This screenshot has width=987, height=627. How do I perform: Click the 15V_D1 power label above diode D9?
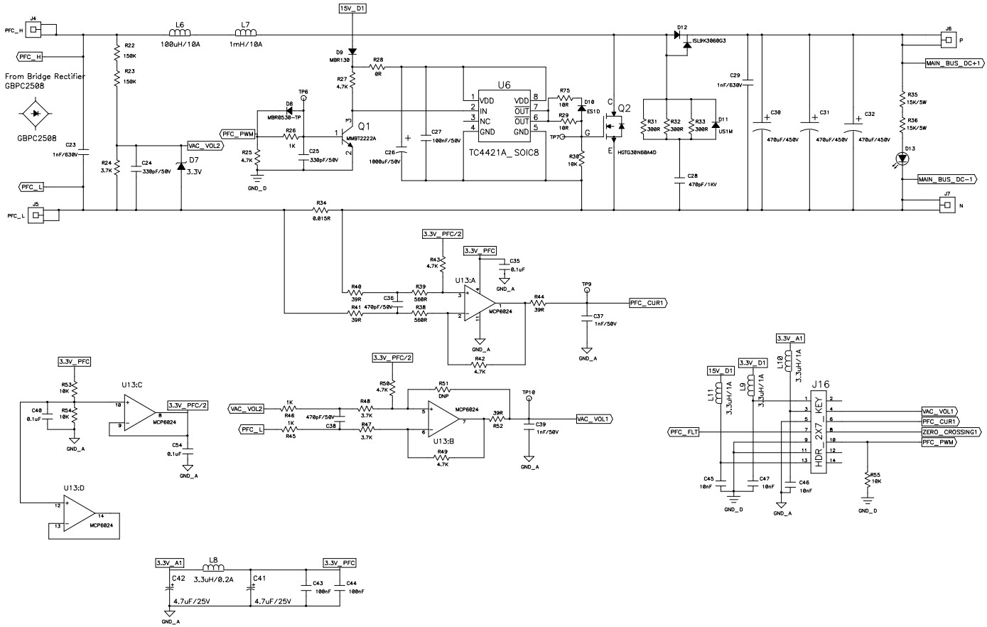coord(353,8)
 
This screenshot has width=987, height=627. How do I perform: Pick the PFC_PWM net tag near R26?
coord(237,134)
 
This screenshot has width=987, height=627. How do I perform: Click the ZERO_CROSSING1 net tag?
coord(951,432)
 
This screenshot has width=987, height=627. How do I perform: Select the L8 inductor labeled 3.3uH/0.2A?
coord(214,568)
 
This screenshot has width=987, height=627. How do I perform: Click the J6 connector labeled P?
coord(946,40)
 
